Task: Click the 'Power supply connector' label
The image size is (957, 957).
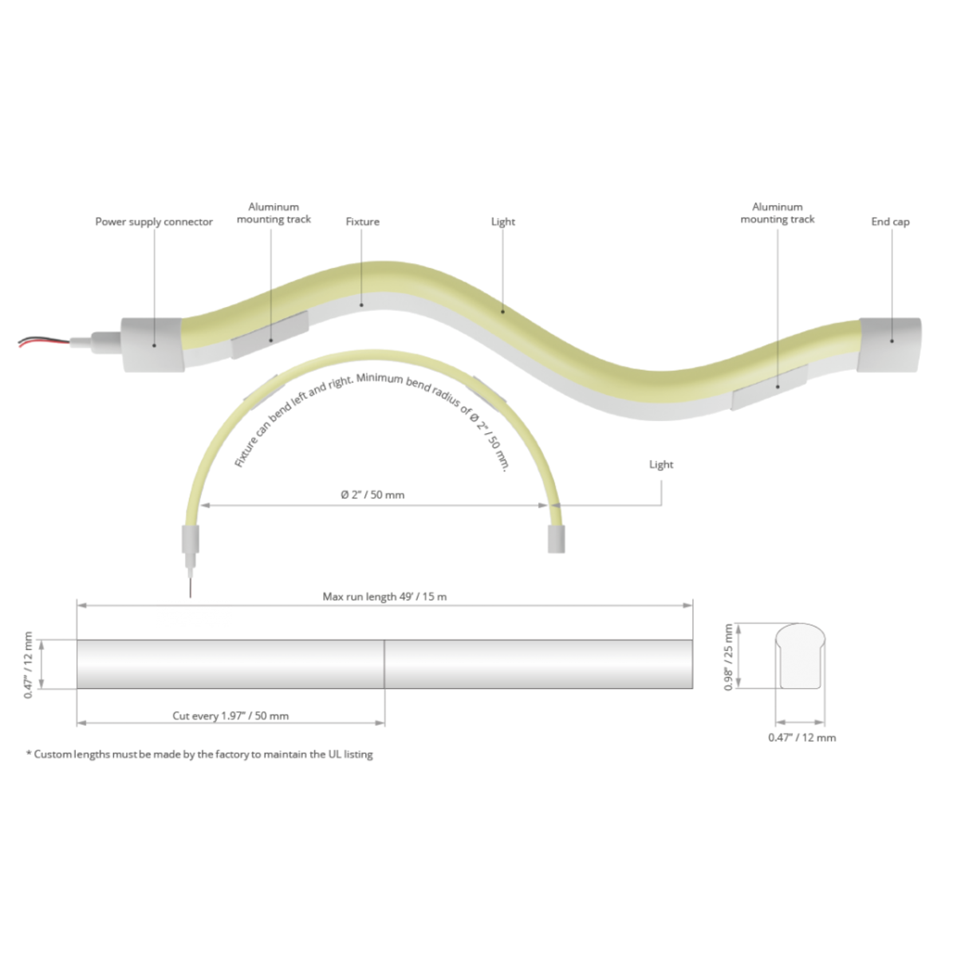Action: (154, 222)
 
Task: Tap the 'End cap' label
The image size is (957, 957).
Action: (891, 222)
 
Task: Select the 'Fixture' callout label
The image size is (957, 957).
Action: (363, 222)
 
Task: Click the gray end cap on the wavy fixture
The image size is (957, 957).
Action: (889, 345)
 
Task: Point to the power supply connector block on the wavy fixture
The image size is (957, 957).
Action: (153, 345)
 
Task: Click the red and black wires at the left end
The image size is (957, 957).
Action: (44, 342)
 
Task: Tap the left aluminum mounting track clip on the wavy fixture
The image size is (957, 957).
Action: (270, 335)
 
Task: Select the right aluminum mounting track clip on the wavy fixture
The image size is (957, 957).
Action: (770, 388)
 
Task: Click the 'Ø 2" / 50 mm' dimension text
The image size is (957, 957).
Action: (372, 494)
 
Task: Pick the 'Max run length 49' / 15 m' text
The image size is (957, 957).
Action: (385, 597)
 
